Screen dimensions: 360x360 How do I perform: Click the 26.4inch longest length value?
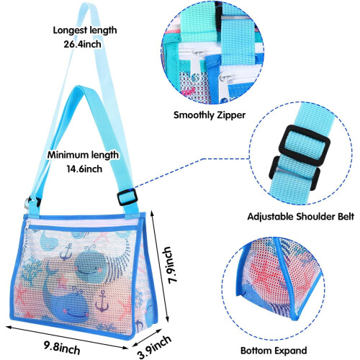[x=82, y=44]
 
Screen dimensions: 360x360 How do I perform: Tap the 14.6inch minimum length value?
[x=84, y=169]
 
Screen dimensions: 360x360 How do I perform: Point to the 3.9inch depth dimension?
[x=155, y=346]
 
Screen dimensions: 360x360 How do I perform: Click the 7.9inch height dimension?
[x=169, y=265]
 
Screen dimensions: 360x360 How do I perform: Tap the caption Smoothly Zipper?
[x=210, y=115]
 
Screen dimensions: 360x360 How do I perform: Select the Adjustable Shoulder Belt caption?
[x=301, y=217]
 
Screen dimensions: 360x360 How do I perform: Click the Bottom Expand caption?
[x=274, y=351]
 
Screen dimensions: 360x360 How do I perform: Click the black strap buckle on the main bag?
[x=127, y=197]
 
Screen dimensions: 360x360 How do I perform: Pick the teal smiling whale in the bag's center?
[x=91, y=266]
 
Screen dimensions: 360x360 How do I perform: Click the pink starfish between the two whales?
[x=63, y=281]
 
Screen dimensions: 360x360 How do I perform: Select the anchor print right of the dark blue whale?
[x=102, y=301]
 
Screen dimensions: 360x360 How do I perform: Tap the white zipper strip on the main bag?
[x=81, y=222]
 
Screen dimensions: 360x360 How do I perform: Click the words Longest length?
[x=85, y=30]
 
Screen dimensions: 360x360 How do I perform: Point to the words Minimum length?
[x=83, y=155]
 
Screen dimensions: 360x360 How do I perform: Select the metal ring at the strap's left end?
[x=27, y=204]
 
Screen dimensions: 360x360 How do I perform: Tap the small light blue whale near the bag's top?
[x=49, y=240]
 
